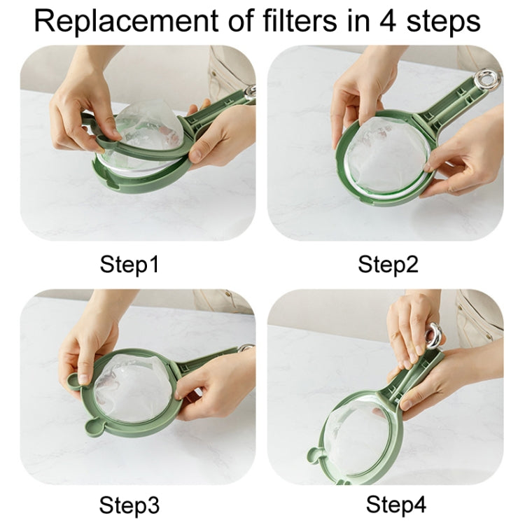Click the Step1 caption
click(129, 265)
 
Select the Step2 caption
click(388, 265)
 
